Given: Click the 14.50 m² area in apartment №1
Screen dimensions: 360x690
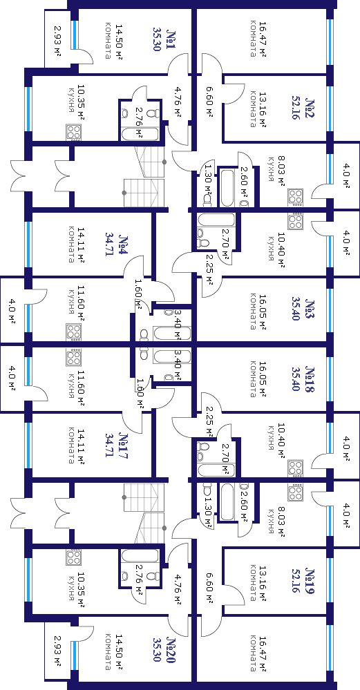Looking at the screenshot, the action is point(118,42).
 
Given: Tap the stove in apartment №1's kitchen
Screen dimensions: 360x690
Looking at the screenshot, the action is point(73,131).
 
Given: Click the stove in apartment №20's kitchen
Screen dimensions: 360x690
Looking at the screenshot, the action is point(73,558).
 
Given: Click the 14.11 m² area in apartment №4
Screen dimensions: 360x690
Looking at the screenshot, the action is point(81,245).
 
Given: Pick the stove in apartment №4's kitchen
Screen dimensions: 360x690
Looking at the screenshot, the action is point(73,331).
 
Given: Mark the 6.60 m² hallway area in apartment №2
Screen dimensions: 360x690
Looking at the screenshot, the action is point(209,101).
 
